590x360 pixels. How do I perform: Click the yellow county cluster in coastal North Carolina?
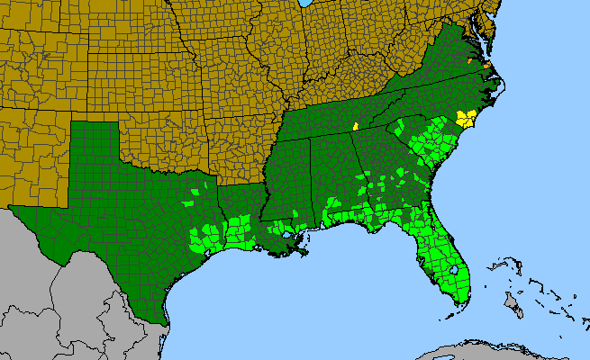[466, 119]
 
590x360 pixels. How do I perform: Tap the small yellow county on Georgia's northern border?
[357, 126]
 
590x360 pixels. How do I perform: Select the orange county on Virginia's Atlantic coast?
[486, 65]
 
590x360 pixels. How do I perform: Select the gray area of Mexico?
[54, 297]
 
